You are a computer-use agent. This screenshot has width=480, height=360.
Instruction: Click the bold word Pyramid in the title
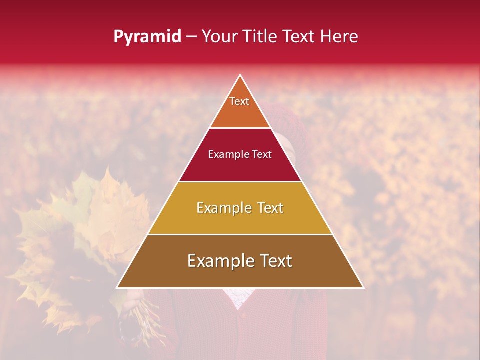coord(147,37)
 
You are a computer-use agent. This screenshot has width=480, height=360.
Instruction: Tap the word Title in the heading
coord(261,37)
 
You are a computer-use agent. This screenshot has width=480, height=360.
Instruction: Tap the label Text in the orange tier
coord(239,101)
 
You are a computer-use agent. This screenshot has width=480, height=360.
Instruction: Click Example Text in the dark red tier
coord(240,154)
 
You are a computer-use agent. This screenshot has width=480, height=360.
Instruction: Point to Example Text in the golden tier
coord(240,208)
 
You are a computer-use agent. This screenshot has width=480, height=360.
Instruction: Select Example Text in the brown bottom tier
coord(240,261)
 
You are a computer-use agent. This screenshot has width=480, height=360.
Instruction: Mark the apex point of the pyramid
coord(240,75)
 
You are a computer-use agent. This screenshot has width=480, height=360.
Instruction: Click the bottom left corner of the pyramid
coord(117,287)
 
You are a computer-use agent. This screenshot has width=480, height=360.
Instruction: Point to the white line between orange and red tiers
coord(240,128)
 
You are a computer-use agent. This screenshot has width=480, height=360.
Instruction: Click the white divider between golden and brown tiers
coord(240,234)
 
